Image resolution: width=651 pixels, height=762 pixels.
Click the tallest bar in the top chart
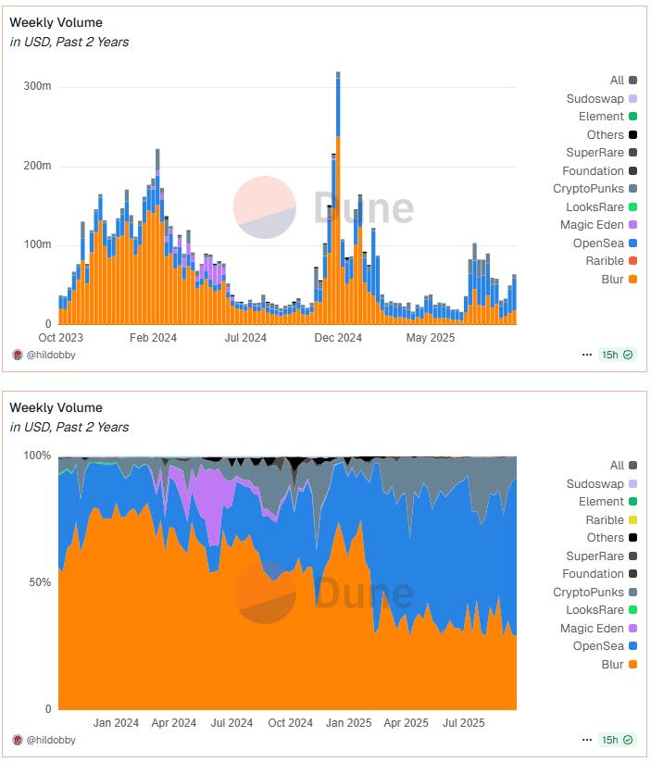tap(338, 199)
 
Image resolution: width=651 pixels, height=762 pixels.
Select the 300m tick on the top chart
tap(38, 86)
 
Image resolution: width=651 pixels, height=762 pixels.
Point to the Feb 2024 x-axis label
tap(153, 338)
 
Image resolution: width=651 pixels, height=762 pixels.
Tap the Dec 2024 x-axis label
tap(338, 338)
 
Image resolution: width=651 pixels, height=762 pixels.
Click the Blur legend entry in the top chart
tap(612, 279)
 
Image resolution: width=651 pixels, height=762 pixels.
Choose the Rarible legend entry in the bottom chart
tap(605, 520)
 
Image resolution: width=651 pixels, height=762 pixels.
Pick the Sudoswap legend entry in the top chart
tap(595, 98)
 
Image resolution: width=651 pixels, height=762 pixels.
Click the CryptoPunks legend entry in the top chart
tap(588, 189)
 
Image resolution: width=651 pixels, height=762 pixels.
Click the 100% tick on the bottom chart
tap(36, 456)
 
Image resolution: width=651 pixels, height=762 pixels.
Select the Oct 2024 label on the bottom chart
tap(290, 723)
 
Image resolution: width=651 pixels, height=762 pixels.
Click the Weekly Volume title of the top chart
tap(56, 22)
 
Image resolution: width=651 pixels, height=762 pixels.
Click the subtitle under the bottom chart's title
tap(69, 427)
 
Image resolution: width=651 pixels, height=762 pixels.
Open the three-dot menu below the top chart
tap(586, 355)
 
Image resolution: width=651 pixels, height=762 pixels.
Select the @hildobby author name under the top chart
tap(51, 355)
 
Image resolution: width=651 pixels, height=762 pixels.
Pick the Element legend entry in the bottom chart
tap(601, 502)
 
